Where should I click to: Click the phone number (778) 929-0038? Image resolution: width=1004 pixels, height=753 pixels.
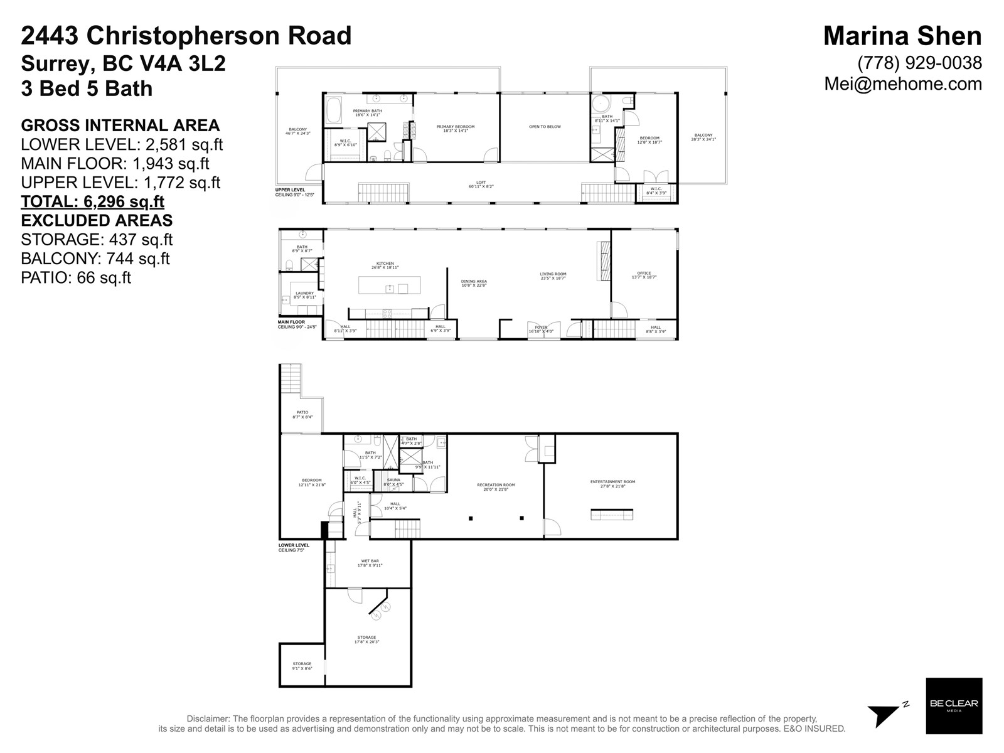click(919, 63)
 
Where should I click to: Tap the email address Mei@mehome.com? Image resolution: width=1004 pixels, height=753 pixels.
click(903, 83)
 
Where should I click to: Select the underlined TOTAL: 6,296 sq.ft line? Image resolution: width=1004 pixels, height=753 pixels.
click(92, 201)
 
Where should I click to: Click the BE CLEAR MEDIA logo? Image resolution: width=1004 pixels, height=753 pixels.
click(954, 705)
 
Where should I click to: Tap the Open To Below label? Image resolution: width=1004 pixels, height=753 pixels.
click(545, 127)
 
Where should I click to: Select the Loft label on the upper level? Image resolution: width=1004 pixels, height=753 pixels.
click(481, 185)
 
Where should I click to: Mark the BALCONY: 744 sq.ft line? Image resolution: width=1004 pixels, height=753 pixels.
click(95, 259)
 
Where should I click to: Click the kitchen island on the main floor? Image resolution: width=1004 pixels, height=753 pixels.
click(389, 285)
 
